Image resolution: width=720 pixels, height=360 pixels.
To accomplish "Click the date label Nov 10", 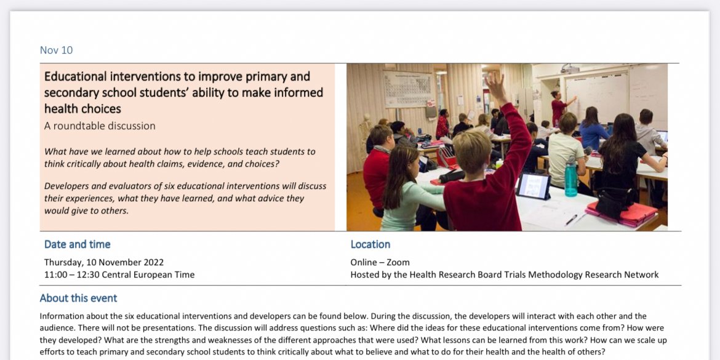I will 56,50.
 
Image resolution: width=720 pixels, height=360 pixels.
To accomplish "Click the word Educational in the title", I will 75,77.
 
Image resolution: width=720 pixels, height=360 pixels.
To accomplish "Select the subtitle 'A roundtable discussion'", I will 100,126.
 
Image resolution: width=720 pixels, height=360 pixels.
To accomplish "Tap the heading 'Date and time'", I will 78,244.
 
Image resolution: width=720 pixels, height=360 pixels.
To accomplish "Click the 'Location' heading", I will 370,244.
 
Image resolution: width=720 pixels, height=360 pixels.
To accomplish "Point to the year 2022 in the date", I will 151,262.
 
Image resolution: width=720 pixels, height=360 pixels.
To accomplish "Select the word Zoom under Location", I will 398,262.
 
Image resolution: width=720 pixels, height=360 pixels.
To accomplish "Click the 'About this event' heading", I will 78,298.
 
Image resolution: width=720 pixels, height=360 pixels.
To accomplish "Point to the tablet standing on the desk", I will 533,186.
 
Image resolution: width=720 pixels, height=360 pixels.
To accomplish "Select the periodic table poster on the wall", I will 408,89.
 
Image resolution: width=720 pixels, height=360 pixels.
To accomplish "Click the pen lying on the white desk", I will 572,220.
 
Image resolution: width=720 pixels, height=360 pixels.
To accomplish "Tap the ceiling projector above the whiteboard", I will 570,68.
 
